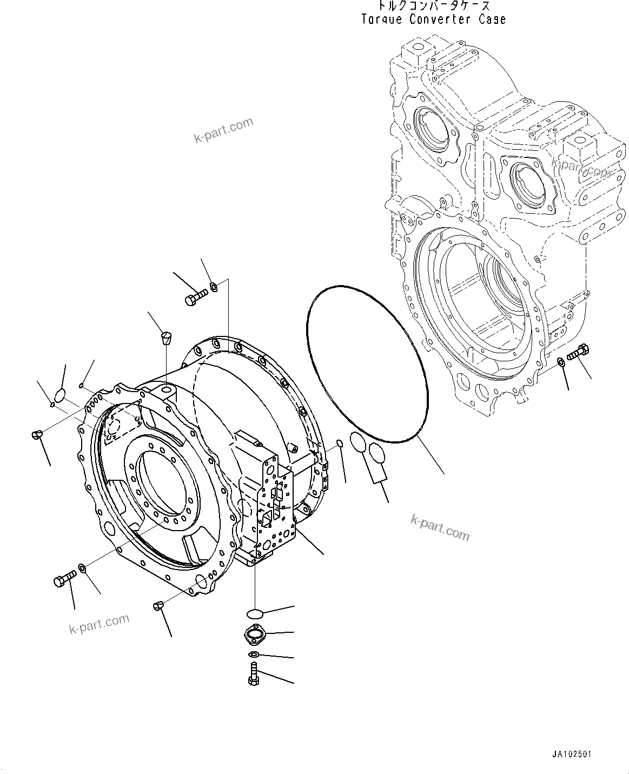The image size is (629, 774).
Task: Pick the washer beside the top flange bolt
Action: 214,286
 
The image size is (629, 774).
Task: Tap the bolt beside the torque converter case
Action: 577,353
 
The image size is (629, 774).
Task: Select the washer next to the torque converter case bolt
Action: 561,362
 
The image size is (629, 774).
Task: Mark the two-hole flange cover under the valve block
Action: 253,633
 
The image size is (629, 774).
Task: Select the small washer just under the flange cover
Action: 254,655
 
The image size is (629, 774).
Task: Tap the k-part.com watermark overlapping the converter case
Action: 581,168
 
